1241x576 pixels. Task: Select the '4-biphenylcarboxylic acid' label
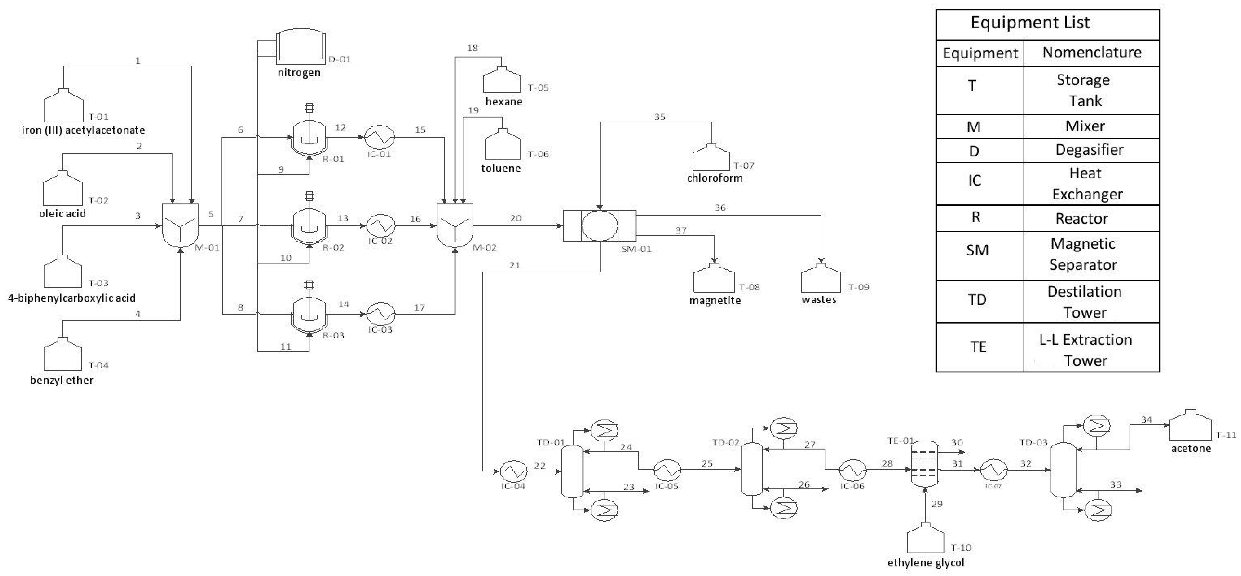coord(72,298)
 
